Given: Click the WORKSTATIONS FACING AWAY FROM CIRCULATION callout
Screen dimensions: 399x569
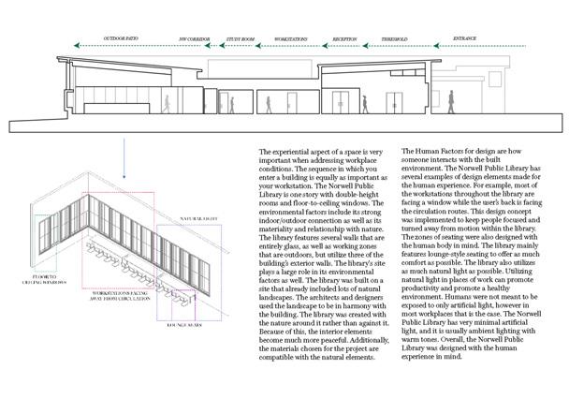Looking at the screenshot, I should click(121, 308).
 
